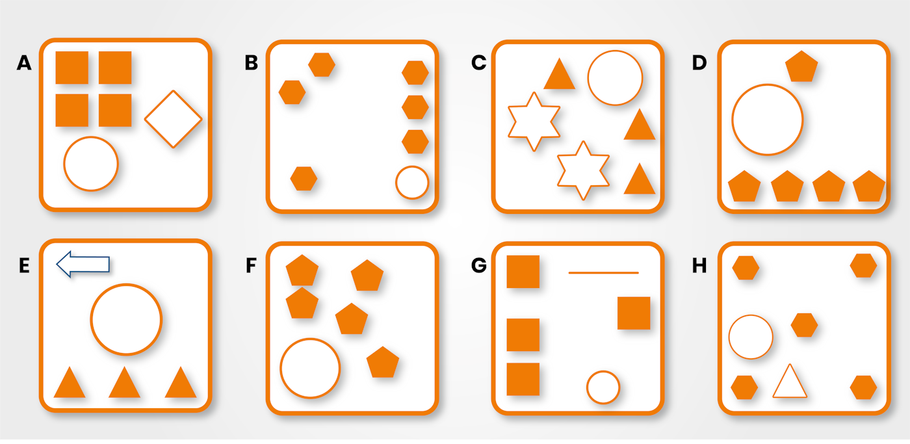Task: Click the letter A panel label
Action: tap(24, 63)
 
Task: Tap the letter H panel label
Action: tap(699, 266)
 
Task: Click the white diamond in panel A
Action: tap(173, 118)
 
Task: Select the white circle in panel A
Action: tap(91, 164)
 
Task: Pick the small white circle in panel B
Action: tap(412, 183)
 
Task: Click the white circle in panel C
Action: tap(615, 77)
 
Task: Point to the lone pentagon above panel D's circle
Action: tap(801, 66)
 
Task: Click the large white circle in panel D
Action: tap(768, 120)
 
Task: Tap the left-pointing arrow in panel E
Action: tap(83, 264)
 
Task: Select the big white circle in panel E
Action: tap(126, 319)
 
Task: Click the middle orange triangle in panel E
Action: tap(124, 383)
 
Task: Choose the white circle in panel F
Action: tap(310, 368)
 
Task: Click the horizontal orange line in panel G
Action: tap(603, 272)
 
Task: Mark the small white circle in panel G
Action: tap(603, 387)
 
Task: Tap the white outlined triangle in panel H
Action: tap(790, 383)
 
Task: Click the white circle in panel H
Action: tap(751, 337)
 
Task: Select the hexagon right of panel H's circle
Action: tap(804, 325)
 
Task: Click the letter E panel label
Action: tap(24, 266)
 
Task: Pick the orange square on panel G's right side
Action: tap(634, 313)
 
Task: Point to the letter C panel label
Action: tap(479, 63)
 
